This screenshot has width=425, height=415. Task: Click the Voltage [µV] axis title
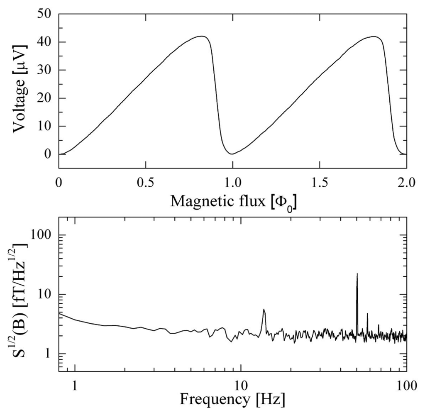tap(21, 90)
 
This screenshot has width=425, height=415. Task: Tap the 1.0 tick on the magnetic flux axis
tap(232, 183)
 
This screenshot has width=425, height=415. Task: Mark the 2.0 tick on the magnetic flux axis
tap(405, 183)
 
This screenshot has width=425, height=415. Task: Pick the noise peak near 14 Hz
tap(264, 310)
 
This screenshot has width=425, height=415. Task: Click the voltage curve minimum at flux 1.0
tap(232, 154)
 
